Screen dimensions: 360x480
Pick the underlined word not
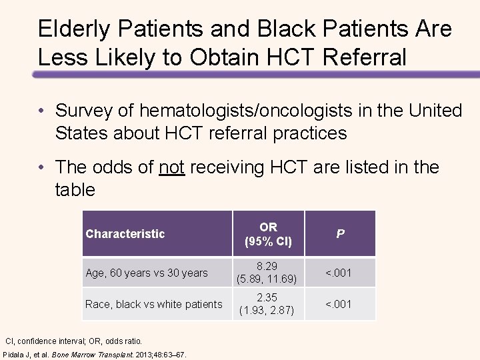(172, 167)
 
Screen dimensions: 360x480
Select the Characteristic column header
(125, 233)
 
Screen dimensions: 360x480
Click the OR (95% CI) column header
(268, 234)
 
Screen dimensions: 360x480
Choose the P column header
(340, 234)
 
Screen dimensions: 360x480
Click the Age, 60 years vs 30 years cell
(147, 273)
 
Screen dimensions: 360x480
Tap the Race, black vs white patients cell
(154, 304)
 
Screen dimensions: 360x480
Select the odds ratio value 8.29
(268, 265)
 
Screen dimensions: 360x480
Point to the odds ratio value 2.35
(268, 297)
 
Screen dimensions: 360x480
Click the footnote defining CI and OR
(74, 341)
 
